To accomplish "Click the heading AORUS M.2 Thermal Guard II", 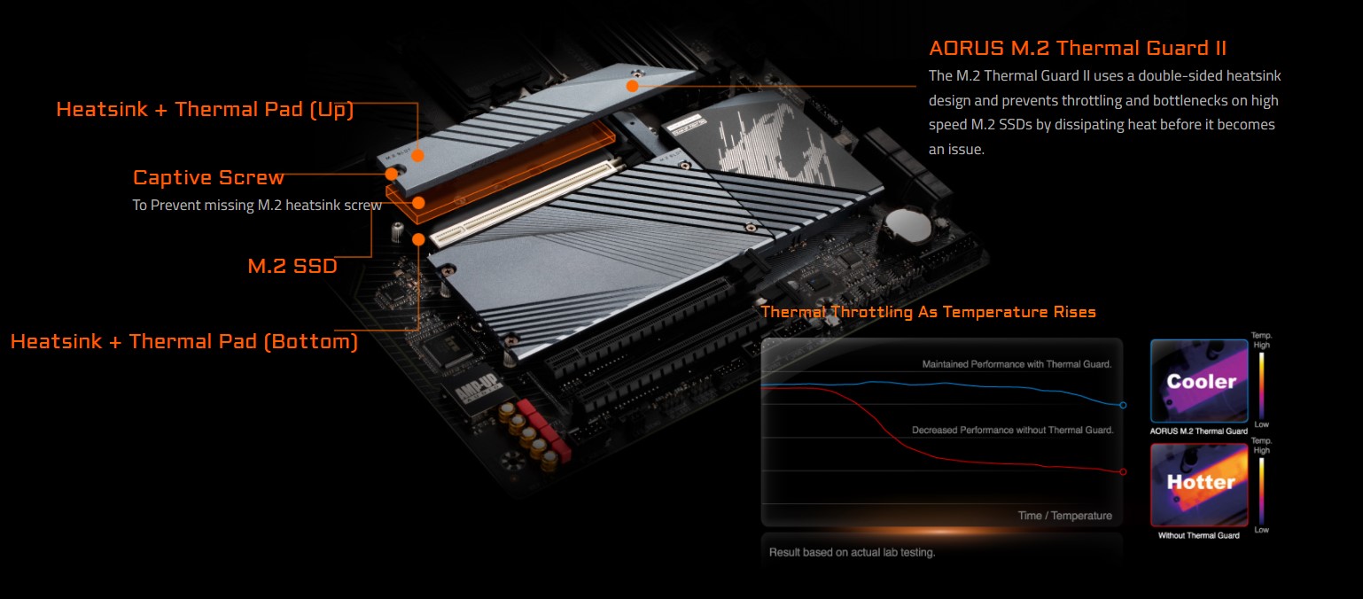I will pyautogui.click(x=1077, y=48).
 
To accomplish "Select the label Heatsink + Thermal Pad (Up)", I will pyautogui.click(x=205, y=110).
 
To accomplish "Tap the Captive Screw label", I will pyautogui.click(x=208, y=177).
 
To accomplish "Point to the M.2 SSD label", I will pyautogui.click(x=292, y=265).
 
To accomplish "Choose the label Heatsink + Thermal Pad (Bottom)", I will pyautogui.click(x=184, y=341).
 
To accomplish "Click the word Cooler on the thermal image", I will pyautogui.click(x=1201, y=382).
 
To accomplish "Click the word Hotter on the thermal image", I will pyautogui.click(x=1201, y=483).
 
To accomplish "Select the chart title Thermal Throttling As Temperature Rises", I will pyautogui.click(x=928, y=312).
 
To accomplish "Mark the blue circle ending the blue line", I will pyautogui.click(x=1123, y=405).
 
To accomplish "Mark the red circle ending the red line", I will pyautogui.click(x=1123, y=471).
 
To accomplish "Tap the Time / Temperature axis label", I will pyautogui.click(x=1064, y=516).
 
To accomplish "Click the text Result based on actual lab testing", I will pyautogui.click(x=852, y=553).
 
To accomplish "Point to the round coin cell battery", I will pyautogui.click(x=909, y=225).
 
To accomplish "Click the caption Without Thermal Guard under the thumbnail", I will pyautogui.click(x=1198, y=535).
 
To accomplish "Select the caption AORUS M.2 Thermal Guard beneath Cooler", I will pyautogui.click(x=1198, y=432).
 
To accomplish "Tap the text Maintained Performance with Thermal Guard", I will pyautogui.click(x=1016, y=364).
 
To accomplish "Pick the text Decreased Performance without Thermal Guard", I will pyautogui.click(x=1012, y=430).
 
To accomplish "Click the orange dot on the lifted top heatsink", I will pyautogui.click(x=632, y=86).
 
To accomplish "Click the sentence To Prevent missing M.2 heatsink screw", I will pyautogui.click(x=257, y=205).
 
